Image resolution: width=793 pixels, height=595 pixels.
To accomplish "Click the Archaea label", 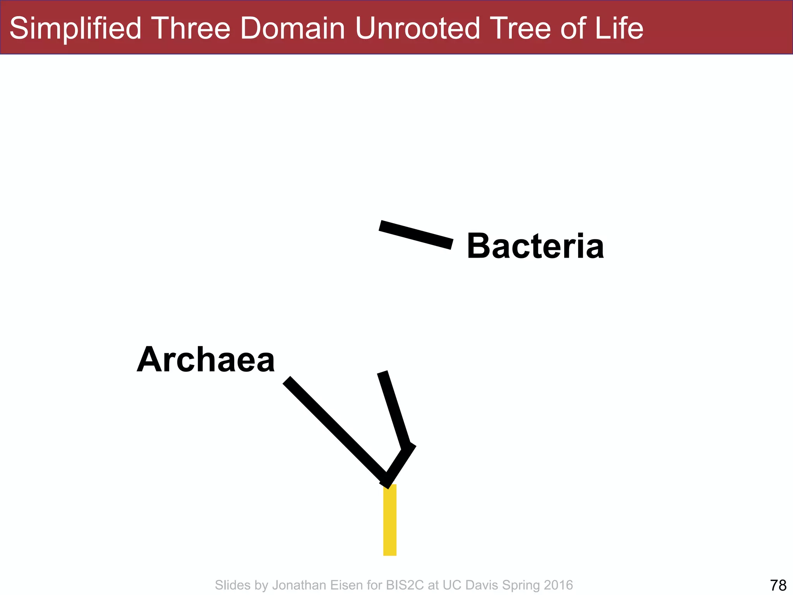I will (x=206, y=359).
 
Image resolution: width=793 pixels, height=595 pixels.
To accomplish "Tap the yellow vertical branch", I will (x=390, y=520).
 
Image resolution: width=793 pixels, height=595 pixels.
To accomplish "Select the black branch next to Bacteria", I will (x=416, y=235).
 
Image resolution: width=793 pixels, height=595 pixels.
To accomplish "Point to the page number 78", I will (x=778, y=585).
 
